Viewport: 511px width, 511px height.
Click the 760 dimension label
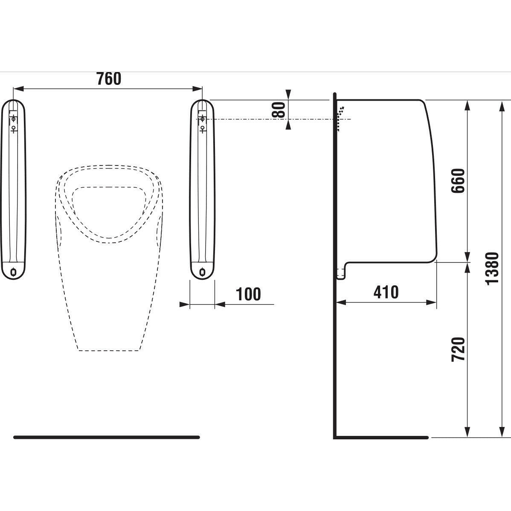point(109,78)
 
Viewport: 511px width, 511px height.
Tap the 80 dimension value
point(279,110)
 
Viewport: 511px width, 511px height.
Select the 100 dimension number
point(248,294)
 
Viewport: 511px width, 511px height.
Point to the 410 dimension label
point(386,292)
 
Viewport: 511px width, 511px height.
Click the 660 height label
point(458,181)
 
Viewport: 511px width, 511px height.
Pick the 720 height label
point(458,349)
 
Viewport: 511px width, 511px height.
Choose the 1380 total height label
point(492,269)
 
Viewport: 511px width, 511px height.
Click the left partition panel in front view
point(13,189)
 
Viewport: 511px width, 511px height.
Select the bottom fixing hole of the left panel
point(13,271)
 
